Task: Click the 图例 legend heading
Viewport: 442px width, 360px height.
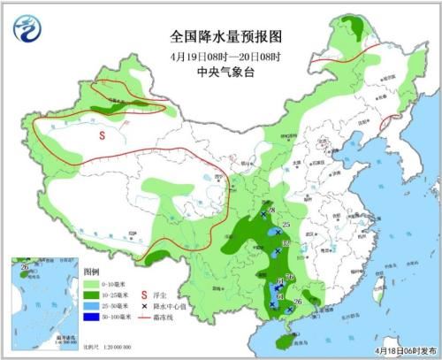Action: coord(92,269)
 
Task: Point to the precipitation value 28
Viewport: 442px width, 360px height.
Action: coord(272,211)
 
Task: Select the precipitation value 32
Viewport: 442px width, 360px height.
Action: coord(285,242)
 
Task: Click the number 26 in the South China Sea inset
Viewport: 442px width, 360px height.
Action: coord(26,267)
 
